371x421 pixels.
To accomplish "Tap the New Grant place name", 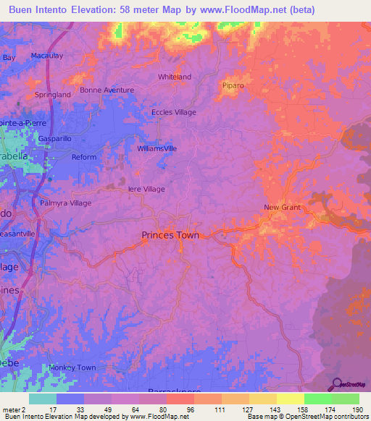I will (x=281, y=208).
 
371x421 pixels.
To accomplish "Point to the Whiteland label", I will (x=175, y=77).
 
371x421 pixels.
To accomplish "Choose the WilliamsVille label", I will (x=157, y=148).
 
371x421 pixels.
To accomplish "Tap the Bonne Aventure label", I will (x=107, y=90).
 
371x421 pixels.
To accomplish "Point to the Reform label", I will (x=84, y=157).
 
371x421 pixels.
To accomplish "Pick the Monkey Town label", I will (x=72, y=367).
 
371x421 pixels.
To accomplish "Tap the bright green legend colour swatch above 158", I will (x=317, y=399).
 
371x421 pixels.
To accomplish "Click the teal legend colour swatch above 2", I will (x=42, y=399).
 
